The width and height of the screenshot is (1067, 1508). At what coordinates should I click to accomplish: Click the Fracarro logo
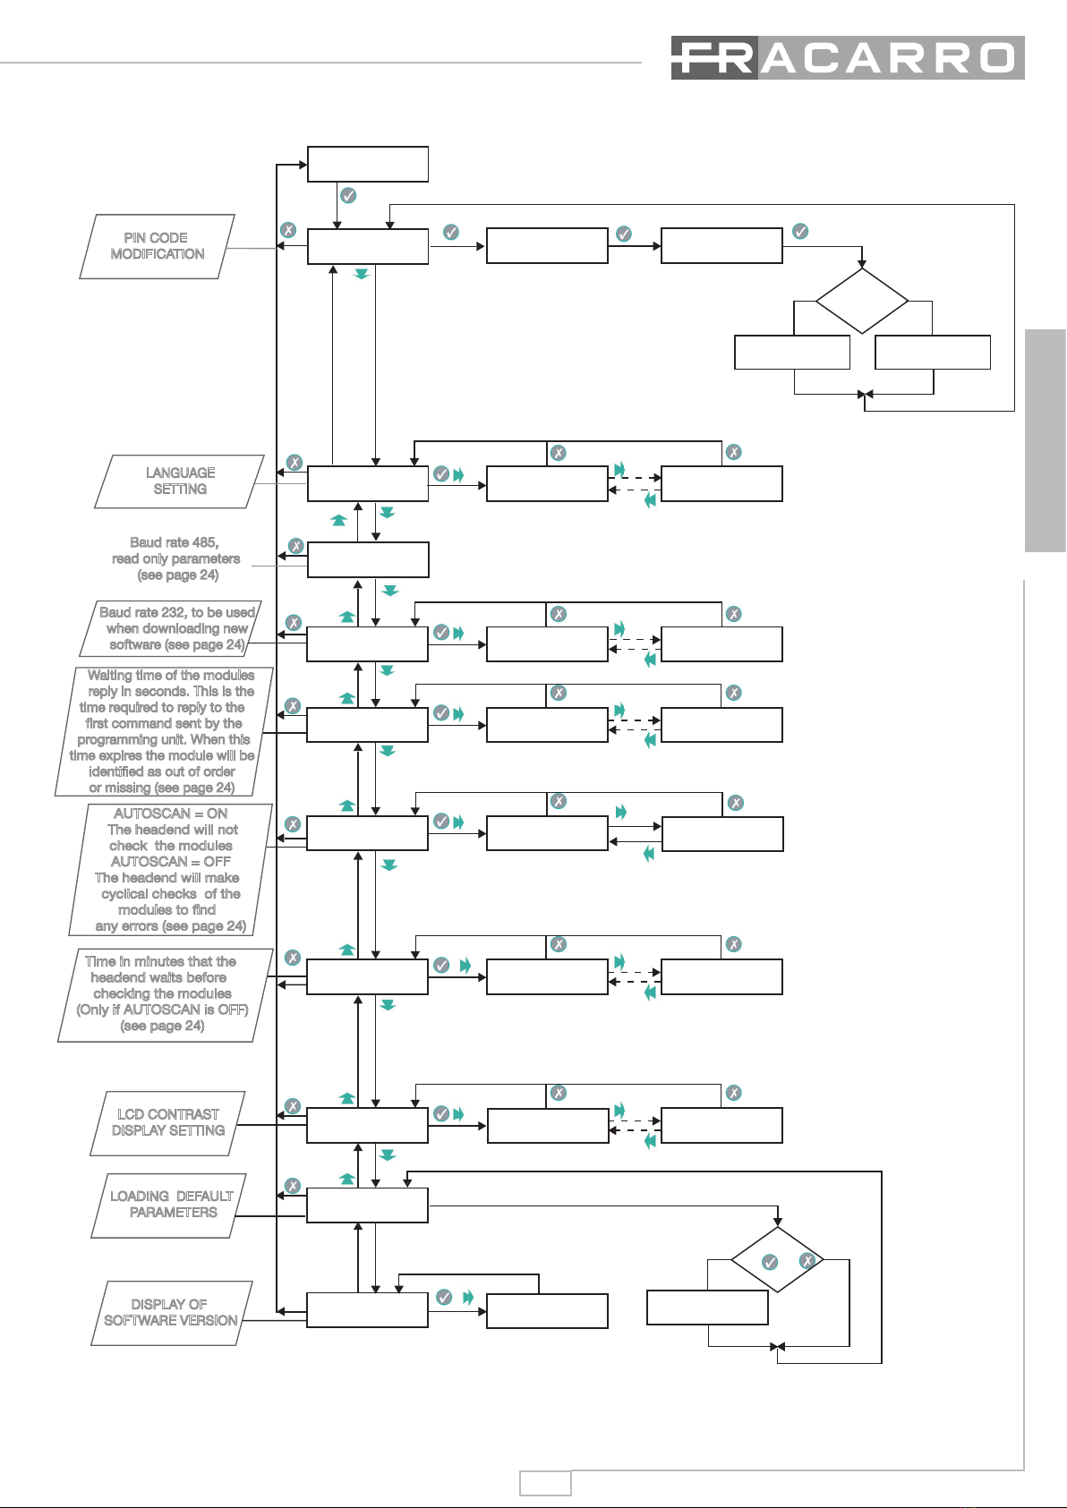(848, 58)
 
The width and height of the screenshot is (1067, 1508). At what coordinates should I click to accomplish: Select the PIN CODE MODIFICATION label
(157, 246)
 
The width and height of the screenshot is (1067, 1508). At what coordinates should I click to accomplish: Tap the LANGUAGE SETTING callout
(179, 481)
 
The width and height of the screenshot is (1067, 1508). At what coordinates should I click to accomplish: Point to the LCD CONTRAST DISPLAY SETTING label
(167, 1123)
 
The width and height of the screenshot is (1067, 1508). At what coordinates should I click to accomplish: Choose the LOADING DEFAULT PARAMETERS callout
(169, 1205)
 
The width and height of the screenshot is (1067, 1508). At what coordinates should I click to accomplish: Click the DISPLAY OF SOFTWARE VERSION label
(172, 1313)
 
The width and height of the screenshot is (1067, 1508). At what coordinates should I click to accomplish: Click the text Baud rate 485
(174, 542)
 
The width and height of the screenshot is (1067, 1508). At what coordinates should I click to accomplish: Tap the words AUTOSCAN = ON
(170, 814)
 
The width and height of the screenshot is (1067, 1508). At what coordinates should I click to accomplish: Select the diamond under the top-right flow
(862, 301)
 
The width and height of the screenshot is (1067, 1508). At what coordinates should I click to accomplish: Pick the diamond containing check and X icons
(778, 1259)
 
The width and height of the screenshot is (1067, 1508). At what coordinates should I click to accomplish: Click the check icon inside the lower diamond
(770, 1262)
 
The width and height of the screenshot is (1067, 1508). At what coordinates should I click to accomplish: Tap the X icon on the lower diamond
(807, 1260)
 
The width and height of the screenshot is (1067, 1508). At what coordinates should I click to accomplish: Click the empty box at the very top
(368, 165)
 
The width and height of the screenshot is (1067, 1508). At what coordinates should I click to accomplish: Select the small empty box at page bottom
(545, 1483)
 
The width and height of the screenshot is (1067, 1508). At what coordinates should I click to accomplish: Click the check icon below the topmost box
(348, 195)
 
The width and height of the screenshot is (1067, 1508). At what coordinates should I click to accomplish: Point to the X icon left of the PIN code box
(288, 230)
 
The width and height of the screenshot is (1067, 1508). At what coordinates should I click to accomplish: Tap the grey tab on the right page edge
(1046, 441)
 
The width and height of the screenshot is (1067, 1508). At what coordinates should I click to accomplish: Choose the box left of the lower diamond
(707, 1308)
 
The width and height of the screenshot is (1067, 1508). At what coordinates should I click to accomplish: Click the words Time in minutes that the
(160, 961)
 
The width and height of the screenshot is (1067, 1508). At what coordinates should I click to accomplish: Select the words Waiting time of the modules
(171, 675)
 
